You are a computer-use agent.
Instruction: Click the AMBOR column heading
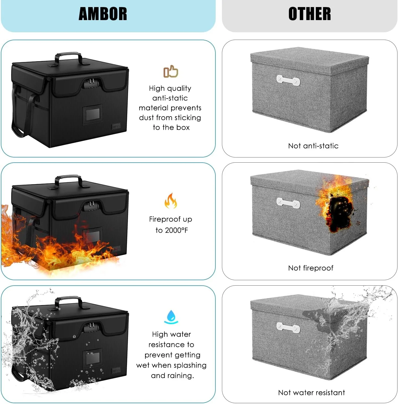[103, 14]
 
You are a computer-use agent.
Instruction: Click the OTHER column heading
[310, 14]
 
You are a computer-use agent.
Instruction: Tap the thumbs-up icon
[171, 72]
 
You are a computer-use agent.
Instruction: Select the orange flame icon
[171, 201]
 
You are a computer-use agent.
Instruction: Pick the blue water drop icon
[171, 317]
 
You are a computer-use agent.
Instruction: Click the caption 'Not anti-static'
[313, 146]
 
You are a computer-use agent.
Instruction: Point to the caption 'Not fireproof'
[311, 268]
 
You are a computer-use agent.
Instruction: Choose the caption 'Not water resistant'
[311, 392]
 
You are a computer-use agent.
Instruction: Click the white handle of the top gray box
[288, 80]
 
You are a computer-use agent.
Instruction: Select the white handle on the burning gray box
[288, 203]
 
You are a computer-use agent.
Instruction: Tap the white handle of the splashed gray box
[288, 327]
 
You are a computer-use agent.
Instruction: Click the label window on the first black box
[93, 114]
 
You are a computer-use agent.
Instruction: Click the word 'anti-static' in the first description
[170, 98]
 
